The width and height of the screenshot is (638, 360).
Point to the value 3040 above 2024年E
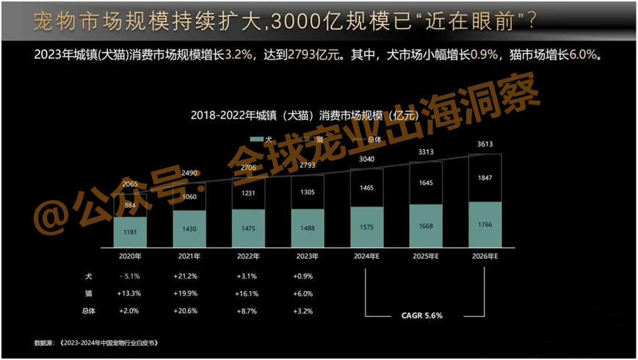click(366, 159)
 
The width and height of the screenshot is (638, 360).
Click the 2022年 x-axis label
click(247, 256)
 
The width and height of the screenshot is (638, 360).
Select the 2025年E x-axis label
click(425, 256)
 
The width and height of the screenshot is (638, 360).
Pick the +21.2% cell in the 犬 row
click(189, 276)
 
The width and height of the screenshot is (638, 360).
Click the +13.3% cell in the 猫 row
click(130, 293)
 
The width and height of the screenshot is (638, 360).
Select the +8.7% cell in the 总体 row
click(247, 311)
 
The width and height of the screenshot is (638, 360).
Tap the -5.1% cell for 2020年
click(130, 276)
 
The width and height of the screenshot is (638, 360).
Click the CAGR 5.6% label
click(421, 315)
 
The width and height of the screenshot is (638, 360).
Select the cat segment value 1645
click(426, 182)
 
